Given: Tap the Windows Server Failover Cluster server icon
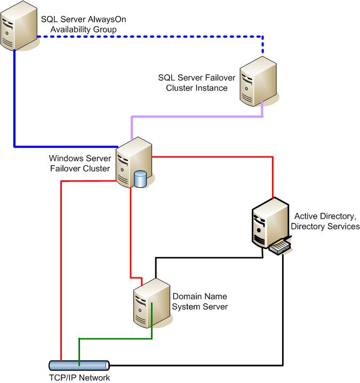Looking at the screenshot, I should (133, 162).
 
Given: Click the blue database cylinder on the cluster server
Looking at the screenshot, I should (141, 179).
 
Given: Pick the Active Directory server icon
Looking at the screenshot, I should (269, 223).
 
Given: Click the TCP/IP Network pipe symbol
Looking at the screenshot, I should (78, 366).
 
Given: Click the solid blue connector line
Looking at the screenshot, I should (14, 107).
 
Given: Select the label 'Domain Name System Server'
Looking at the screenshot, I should (200, 301).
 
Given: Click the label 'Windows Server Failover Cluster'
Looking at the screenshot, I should (80, 163).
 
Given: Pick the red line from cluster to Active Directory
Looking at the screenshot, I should (213, 157).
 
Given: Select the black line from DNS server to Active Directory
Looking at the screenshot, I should (208, 258).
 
